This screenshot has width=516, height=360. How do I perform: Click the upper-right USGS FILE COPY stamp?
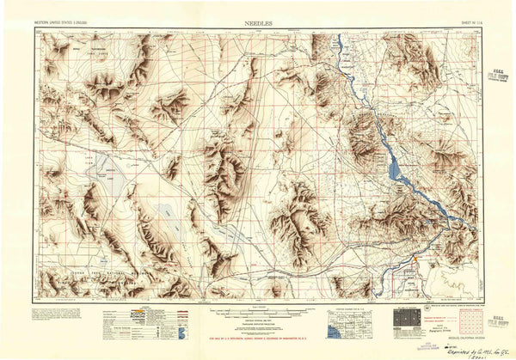point(497,76)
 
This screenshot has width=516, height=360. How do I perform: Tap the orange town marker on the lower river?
point(415,257)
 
